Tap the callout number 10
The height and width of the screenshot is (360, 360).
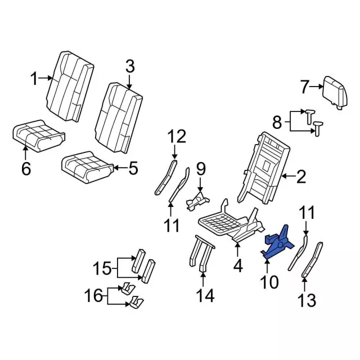(269, 281)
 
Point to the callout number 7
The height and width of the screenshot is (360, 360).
(304, 87)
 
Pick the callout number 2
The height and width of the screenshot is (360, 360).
(301, 178)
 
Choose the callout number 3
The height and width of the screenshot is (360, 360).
(130, 67)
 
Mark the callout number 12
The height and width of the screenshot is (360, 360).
(176, 136)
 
